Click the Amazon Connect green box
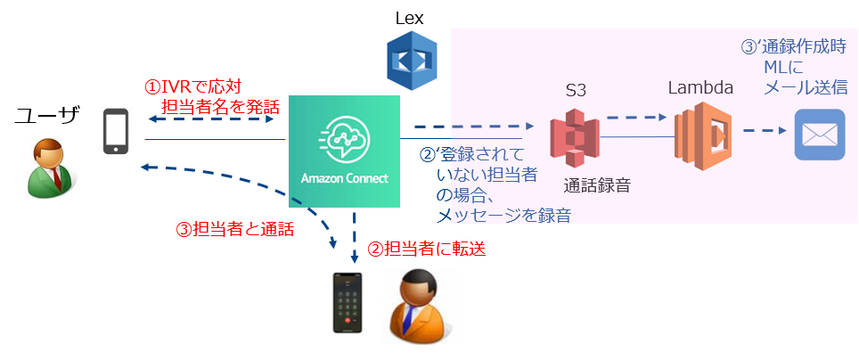344,148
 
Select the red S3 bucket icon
574,138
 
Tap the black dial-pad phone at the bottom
348,302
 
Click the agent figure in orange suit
419,305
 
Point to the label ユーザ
47,114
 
